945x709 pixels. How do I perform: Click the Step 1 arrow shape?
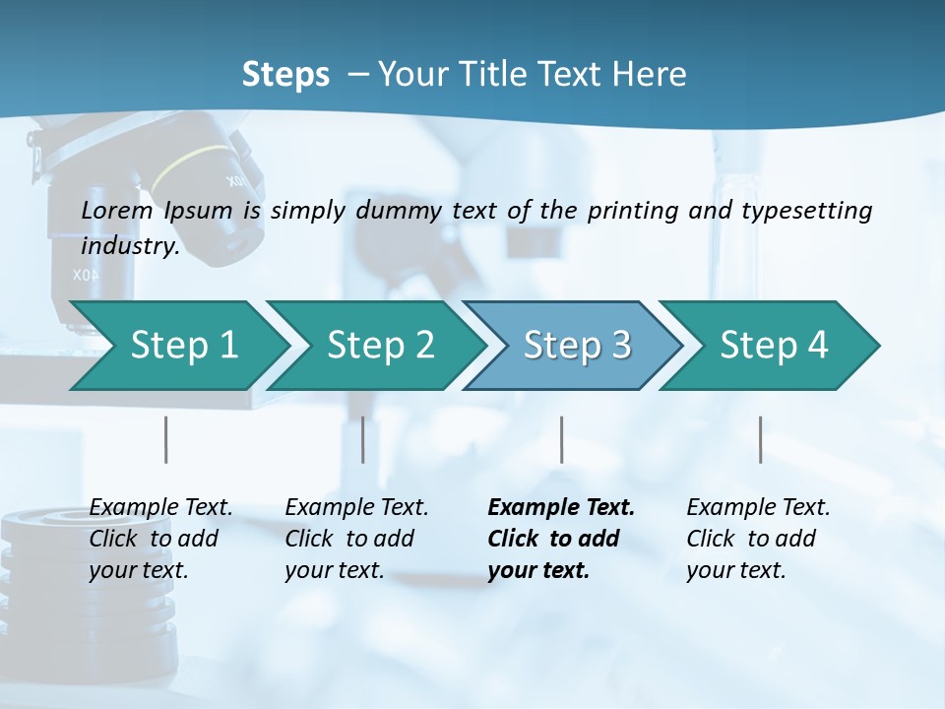pos(177,346)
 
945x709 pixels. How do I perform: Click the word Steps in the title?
pos(285,75)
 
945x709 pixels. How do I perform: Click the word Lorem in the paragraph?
pos(117,210)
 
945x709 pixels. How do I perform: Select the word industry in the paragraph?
pos(129,246)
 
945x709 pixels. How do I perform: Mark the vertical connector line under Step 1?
pos(166,439)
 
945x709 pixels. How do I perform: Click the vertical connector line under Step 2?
pos(363,439)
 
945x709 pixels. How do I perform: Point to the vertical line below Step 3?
pos(561,439)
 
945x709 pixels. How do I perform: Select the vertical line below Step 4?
pos(760,439)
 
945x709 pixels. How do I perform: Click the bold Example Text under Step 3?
pos(561,508)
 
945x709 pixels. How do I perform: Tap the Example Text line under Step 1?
pos(160,508)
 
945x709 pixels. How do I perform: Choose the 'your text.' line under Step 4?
pos(735,570)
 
